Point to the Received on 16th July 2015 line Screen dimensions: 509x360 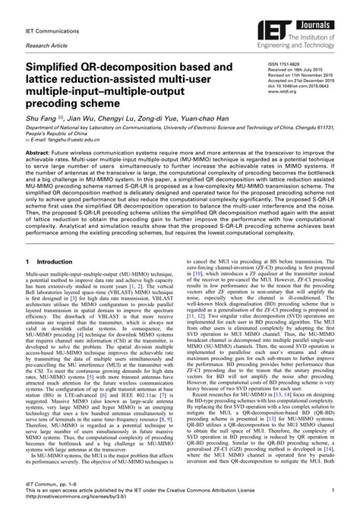(x=298, y=72)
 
